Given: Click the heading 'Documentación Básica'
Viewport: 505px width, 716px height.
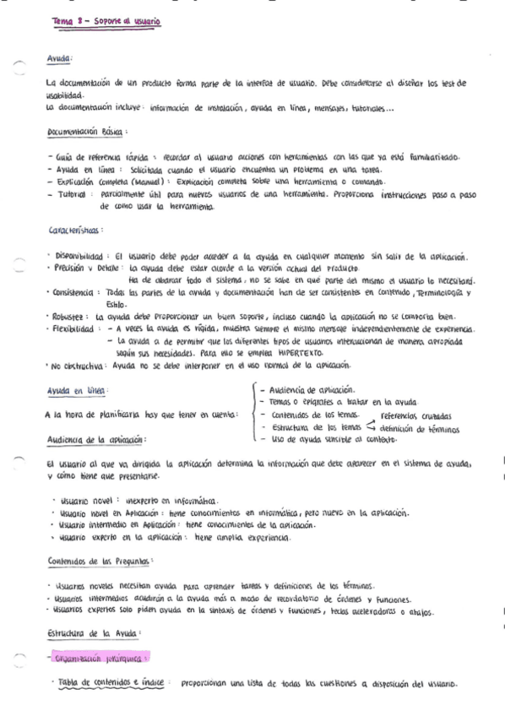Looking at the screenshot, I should (x=86, y=132).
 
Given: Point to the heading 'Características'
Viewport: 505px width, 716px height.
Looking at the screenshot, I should (x=77, y=230).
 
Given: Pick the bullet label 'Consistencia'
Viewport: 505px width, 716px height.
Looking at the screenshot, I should (x=79, y=292).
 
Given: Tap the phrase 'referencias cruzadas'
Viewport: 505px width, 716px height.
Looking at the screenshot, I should (x=415, y=416).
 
